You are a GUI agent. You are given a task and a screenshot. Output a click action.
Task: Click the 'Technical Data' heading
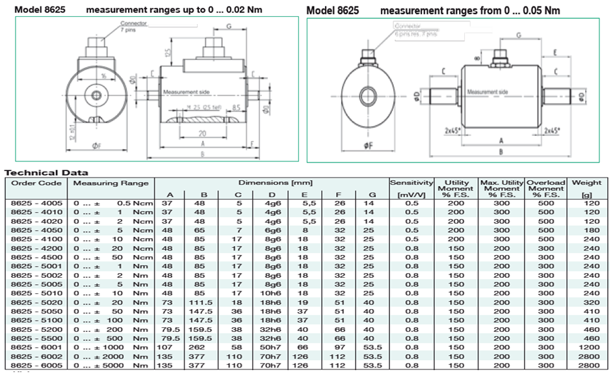46,173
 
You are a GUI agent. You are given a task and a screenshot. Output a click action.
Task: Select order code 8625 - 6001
38,348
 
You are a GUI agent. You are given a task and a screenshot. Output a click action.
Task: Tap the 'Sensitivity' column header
411,183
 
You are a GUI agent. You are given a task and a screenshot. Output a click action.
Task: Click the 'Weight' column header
586,183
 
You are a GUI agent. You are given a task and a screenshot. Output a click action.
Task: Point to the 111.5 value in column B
204,302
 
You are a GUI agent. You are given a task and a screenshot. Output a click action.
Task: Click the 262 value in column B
204,348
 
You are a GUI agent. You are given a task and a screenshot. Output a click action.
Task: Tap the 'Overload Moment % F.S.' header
546,189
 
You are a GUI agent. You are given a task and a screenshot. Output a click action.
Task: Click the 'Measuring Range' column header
112,183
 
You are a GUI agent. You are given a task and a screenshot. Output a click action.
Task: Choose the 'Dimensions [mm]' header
272,183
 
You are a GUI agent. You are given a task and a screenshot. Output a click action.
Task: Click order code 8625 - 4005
38,202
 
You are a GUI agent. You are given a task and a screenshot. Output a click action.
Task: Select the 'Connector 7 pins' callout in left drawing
133,27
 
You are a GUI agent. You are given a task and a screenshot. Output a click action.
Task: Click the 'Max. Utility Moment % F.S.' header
501,189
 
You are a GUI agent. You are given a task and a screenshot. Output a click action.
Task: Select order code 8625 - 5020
38,302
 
